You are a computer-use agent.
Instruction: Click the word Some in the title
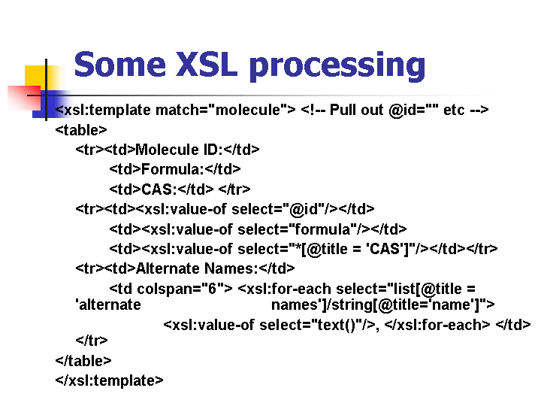tap(119, 64)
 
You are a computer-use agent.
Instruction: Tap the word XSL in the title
tap(207, 64)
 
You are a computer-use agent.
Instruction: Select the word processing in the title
tap(337, 67)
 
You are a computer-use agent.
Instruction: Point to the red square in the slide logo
tap(24, 98)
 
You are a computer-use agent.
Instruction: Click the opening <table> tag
tap(81, 130)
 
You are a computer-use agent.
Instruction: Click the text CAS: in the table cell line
tap(159, 189)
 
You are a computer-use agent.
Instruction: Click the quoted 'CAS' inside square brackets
tap(385, 249)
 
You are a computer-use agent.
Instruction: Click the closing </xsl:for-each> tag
tap(437, 326)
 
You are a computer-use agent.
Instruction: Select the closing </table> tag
tap(83, 361)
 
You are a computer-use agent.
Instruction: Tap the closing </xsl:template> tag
tap(109, 380)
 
